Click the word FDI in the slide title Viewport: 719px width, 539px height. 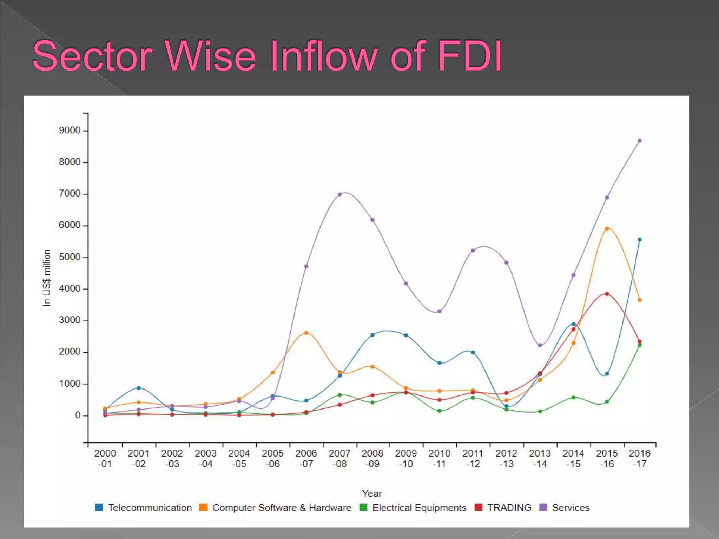click(x=470, y=56)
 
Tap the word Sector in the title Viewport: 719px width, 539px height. click(x=92, y=56)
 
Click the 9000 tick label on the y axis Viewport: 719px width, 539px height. click(x=70, y=131)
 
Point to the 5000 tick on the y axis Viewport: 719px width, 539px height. click(x=70, y=257)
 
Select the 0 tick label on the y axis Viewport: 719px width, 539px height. click(x=78, y=415)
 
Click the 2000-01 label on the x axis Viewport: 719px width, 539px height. click(x=105, y=459)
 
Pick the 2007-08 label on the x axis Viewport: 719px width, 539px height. click(x=339, y=459)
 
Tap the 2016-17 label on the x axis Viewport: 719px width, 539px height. click(x=640, y=459)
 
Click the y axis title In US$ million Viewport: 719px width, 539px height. click(x=47, y=278)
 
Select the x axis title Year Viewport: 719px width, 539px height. click(x=372, y=493)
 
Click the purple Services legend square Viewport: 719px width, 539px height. click(x=543, y=507)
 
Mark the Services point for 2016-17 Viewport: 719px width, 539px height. click(x=640, y=141)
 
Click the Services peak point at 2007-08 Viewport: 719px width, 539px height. click(x=339, y=194)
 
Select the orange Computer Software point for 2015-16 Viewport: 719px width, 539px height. click(x=607, y=229)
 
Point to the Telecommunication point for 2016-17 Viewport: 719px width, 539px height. click(x=640, y=240)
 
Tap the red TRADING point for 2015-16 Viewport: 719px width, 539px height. click(x=607, y=294)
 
